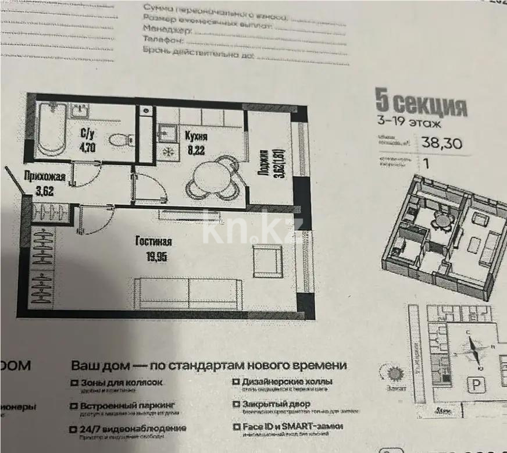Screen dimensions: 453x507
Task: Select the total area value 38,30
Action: click(x=445, y=141)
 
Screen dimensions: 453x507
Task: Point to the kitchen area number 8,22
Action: click(x=195, y=148)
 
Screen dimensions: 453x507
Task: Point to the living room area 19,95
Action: click(x=155, y=255)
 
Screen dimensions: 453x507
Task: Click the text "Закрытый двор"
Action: click(x=276, y=404)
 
